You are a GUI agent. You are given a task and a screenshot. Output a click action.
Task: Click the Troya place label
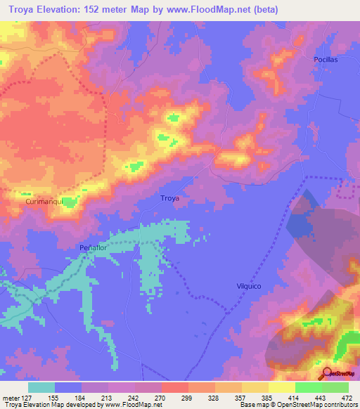click(170, 198)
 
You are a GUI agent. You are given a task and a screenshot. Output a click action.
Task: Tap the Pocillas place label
click(326, 60)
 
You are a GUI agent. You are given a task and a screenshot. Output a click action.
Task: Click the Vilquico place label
click(248, 286)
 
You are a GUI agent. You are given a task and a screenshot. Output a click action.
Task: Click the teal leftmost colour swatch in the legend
click(41, 387)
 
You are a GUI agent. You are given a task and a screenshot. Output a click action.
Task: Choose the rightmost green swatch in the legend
click(335, 387)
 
